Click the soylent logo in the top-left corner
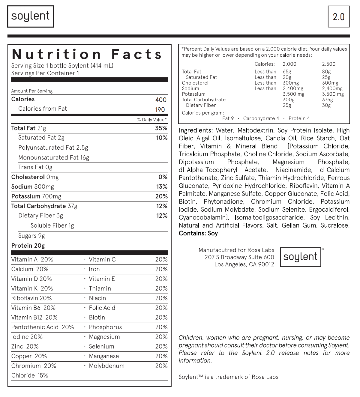[x=31, y=16]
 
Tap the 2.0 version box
[x=339, y=16]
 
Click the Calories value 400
[x=161, y=100]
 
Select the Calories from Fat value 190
[x=160, y=110]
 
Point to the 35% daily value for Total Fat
[x=161, y=128]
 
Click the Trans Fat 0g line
[x=35, y=167]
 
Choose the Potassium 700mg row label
[x=36, y=196]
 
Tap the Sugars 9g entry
[x=31, y=236]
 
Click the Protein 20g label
[x=28, y=246]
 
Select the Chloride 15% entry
[x=30, y=376]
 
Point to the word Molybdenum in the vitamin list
[x=106, y=366]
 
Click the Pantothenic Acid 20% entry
[x=43, y=327]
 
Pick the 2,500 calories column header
[x=329, y=64]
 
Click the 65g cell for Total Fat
[x=287, y=72]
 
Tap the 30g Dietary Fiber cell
[x=326, y=105]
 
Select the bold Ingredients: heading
[x=196, y=130]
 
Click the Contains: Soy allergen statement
[x=198, y=233]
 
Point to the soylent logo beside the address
[x=300, y=257]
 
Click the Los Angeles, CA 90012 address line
[x=244, y=264]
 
